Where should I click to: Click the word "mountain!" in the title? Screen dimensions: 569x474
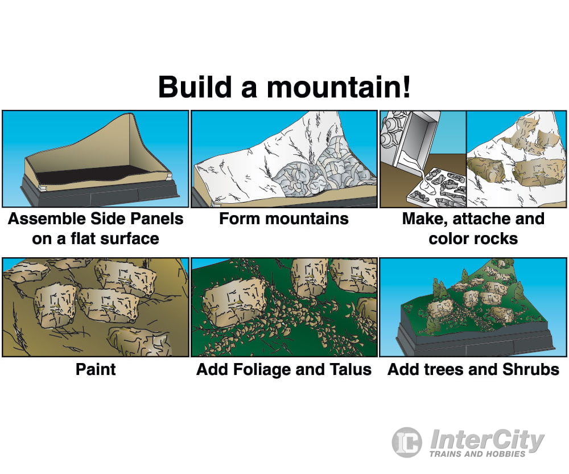click(x=339, y=87)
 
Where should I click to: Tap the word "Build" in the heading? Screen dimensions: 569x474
click(x=195, y=87)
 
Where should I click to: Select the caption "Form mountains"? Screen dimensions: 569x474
click(x=284, y=219)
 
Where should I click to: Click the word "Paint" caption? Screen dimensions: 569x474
click(x=96, y=369)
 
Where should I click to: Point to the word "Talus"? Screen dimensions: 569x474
click(x=351, y=369)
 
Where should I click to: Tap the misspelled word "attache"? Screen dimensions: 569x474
click(x=484, y=219)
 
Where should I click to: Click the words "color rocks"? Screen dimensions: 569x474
click(x=473, y=239)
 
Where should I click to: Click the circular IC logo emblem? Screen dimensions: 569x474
click(x=407, y=442)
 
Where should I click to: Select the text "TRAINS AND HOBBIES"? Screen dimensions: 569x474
click(x=477, y=454)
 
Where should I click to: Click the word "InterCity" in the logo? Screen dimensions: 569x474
click(x=487, y=439)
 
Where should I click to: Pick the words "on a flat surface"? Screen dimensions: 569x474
click(x=96, y=239)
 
